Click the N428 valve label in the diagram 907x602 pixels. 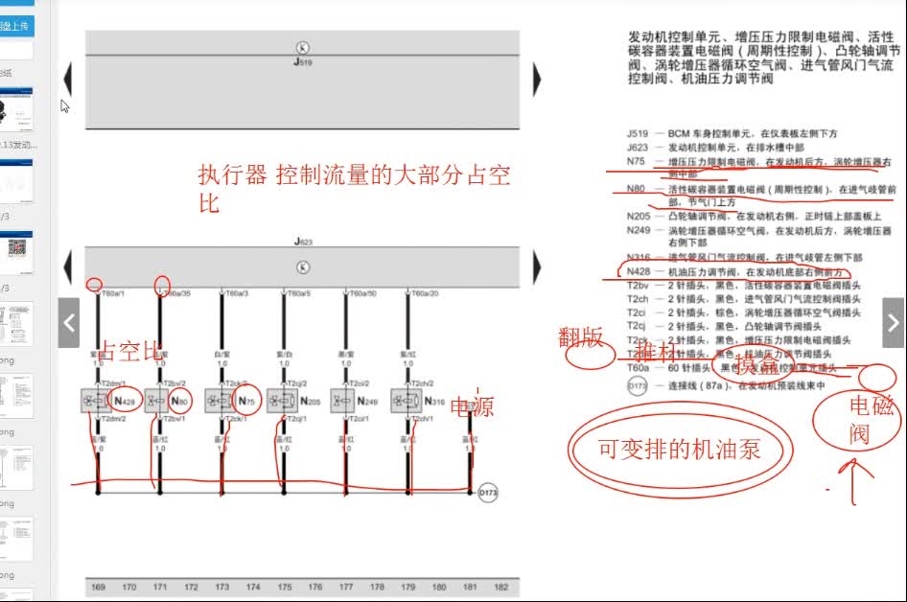[126, 401]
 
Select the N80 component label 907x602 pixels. [180, 401]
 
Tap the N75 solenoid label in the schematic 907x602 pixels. [247, 401]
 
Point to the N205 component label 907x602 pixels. [310, 401]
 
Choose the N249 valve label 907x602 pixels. [372, 401]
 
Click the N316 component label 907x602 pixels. [434, 401]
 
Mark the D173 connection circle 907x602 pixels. [488, 493]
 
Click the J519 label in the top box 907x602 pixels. [302, 60]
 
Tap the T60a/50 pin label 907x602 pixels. [361, 293]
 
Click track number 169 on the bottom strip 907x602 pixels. [97, 587]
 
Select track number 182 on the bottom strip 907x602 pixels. [500, 587]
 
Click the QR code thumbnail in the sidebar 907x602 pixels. [17, 248]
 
